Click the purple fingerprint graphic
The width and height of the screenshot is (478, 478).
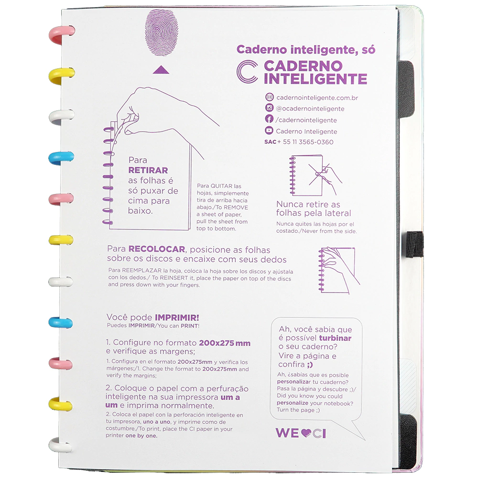(x=161, y=33)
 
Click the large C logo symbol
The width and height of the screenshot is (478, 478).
(x=247, y=72)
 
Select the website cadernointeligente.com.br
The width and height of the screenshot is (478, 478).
(x=317, y=98)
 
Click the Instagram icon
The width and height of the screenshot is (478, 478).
(x=269, y=108)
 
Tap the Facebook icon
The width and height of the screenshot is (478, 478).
(x=269, y=119)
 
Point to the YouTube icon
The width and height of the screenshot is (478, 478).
(x=269, y=130)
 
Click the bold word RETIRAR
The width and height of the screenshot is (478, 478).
(x=148, y=170)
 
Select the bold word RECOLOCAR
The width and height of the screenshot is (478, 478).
(x=157, y=249)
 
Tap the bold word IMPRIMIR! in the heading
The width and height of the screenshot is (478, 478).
(x=177, y=317)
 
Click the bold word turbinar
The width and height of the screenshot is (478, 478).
(x=335, y=338)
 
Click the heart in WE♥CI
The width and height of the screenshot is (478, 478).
(x=306, y=433)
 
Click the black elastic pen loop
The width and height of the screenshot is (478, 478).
(x=415, y=243)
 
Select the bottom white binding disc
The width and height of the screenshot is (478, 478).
(x=60, y=445)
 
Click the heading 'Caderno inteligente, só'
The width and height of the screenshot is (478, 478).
(x=306, y=49)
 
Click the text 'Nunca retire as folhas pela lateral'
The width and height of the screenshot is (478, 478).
(x=314, y=208)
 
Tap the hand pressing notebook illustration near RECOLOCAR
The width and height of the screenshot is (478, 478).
(x=339, y=270)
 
